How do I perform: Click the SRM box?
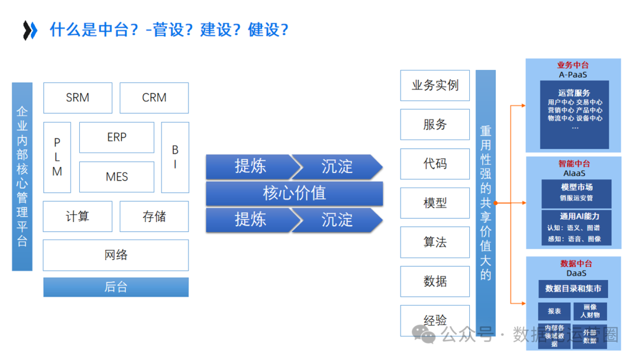[78, 98]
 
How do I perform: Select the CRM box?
[154, 98]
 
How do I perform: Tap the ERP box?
[117, 137]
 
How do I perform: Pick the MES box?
[117, 176]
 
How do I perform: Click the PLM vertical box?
[57, 157]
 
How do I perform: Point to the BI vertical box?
[175, 157]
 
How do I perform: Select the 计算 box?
[78, 216]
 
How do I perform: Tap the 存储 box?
[154, 216]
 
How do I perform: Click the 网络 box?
[116, 255]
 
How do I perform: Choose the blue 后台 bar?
[116, 287]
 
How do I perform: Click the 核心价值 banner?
[294, 193]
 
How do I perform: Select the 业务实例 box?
[435, 85]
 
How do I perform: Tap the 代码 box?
[435, 164]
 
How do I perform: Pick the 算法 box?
[435, 242]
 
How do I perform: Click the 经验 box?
[435, 320]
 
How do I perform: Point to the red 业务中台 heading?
[573, 65]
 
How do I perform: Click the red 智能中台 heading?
[573, 163]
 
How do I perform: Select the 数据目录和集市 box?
[573, 288]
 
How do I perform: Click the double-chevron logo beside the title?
[30, 30]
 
